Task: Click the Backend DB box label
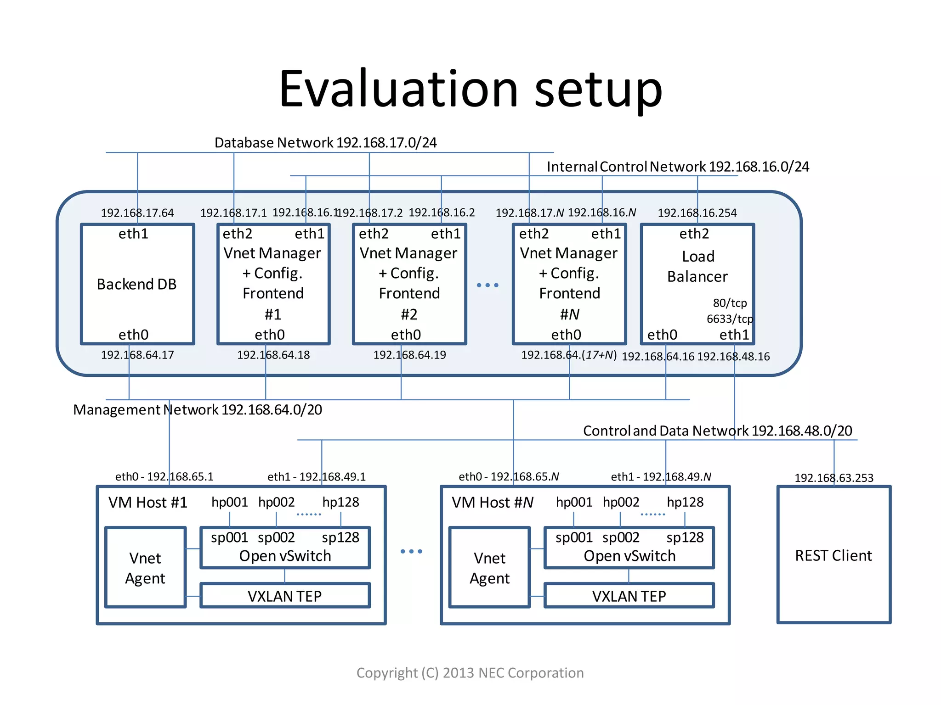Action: [136, 285]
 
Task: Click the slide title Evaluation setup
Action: [470, 89]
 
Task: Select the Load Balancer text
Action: [697, 267]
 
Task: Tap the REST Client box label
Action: [833, 556]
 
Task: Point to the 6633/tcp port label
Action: [730, 319]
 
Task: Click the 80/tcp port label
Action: [730, 303]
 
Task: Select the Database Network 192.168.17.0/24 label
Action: [325, 143]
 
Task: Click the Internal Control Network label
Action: [678, 167]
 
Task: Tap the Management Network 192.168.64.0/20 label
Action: [198, 409]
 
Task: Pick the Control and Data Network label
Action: [717, 431]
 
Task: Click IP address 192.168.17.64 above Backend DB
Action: [137, 213]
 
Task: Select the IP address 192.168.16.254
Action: [697, 213]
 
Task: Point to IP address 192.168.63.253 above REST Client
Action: [834, 478]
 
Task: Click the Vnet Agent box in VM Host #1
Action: [145, 568]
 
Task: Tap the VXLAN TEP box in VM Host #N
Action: [629, 596]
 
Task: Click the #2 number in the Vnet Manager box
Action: [409, 314]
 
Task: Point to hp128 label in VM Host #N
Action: [685, 502]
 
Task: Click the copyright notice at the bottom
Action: [470, 673]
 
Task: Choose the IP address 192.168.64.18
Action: [273, 355]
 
